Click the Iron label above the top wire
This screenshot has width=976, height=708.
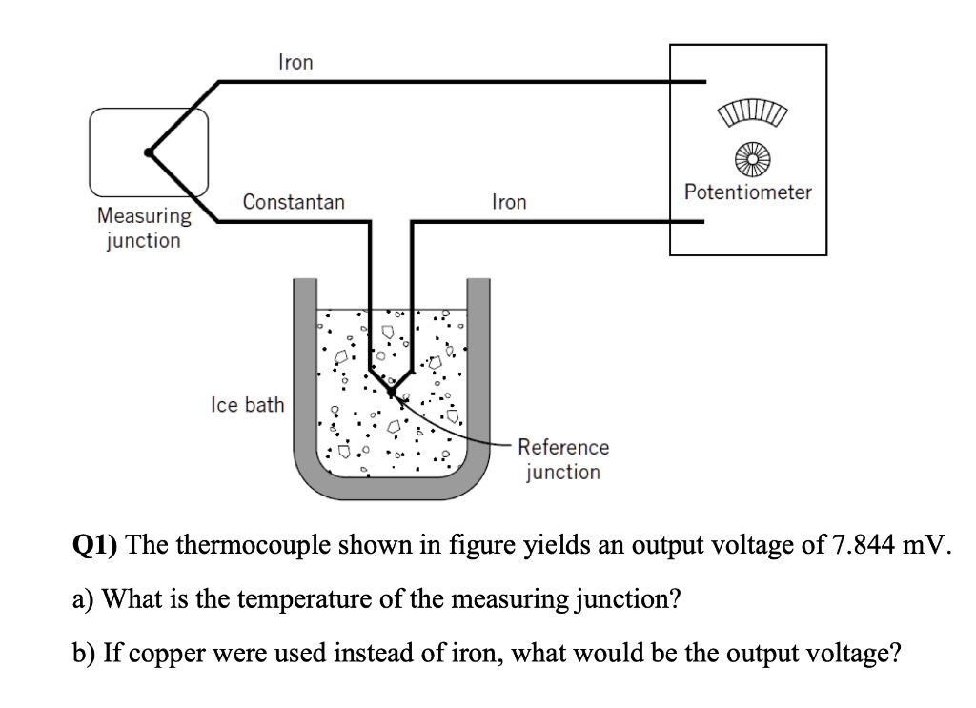(x=295, y=62)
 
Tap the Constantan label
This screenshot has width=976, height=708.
(x=294, y=202)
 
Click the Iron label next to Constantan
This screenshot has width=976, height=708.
(x=508, y=202)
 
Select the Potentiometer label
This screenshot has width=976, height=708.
(x=748, y=192)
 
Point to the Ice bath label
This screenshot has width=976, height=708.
(x=247, y=405)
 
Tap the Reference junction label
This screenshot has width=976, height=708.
(x=563, y=459)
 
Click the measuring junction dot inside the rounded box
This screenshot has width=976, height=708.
(x=148, y=152)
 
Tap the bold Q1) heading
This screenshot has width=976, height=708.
(x=95, y=547)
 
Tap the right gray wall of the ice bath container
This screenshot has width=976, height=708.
(x=478, y=381)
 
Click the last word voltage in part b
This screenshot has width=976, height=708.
(x=856, y=654)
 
